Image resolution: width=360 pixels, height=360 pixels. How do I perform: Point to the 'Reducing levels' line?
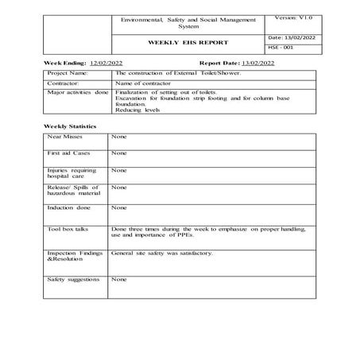137,110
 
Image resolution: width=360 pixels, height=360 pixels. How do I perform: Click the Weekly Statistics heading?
70,126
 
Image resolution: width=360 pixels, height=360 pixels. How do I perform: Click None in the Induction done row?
118,207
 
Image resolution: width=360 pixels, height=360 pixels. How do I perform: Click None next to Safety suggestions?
118,280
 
